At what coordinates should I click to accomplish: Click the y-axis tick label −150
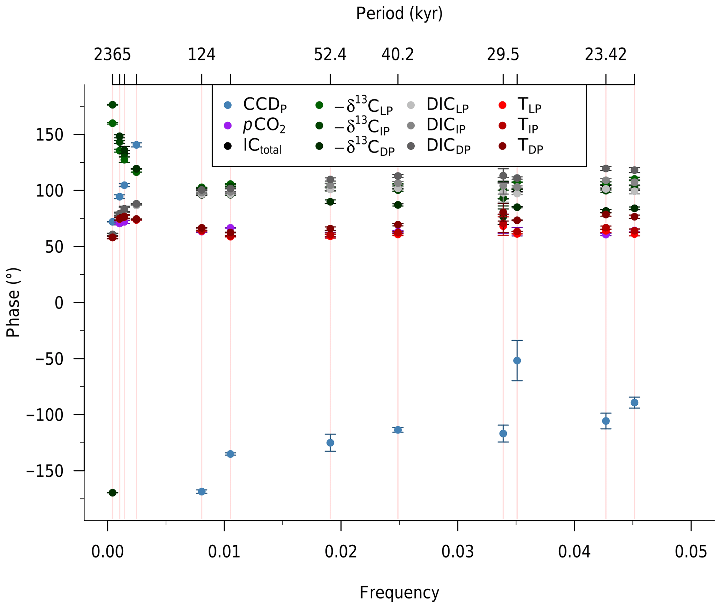click(x=45, y=472)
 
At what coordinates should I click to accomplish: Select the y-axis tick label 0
click(x=59, y=303)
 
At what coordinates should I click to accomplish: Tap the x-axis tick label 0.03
click(x=457, y=552)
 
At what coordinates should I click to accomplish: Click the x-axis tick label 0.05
click(x=691, y=552)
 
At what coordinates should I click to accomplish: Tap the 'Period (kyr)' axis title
click(x=399, y=14)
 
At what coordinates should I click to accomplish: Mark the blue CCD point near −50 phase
click(x=517, y=361)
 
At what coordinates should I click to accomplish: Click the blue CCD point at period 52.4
click(x=330, y=443)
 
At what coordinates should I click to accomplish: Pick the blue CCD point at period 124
click(x=202, y=492)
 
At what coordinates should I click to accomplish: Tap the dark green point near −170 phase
click(x=112, y=493)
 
